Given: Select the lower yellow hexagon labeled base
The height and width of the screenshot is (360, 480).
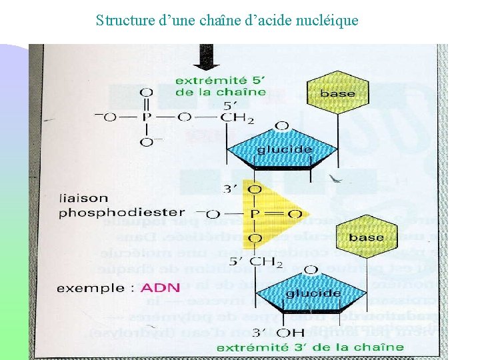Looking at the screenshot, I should tap(366, 238).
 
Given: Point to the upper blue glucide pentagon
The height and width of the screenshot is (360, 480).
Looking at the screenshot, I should tap(285, 151).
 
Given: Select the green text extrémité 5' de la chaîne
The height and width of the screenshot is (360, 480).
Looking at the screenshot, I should tap(220, 86).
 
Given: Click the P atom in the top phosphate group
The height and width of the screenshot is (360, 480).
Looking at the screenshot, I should tap(147, 118).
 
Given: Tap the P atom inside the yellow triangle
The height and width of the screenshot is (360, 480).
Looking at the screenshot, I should tap(255, 214).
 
